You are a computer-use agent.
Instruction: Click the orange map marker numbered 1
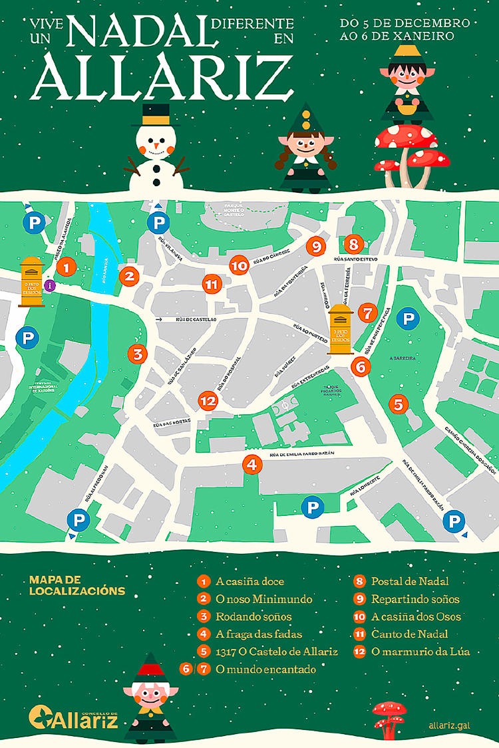click(66, 268)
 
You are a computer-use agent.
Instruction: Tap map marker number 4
click(251, 465)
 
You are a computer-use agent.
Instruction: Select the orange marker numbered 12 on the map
click(208, 401)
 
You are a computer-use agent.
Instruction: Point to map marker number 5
click(398, 403)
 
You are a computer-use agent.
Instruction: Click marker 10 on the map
click(238, 265)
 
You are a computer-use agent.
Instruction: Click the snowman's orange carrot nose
click(156, 144)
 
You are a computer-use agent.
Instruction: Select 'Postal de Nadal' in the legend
click(410, 581)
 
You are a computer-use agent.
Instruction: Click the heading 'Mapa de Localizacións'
click(77, 585)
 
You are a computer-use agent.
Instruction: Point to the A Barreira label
click(403, 358)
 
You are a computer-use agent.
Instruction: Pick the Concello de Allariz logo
click(73, 717)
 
